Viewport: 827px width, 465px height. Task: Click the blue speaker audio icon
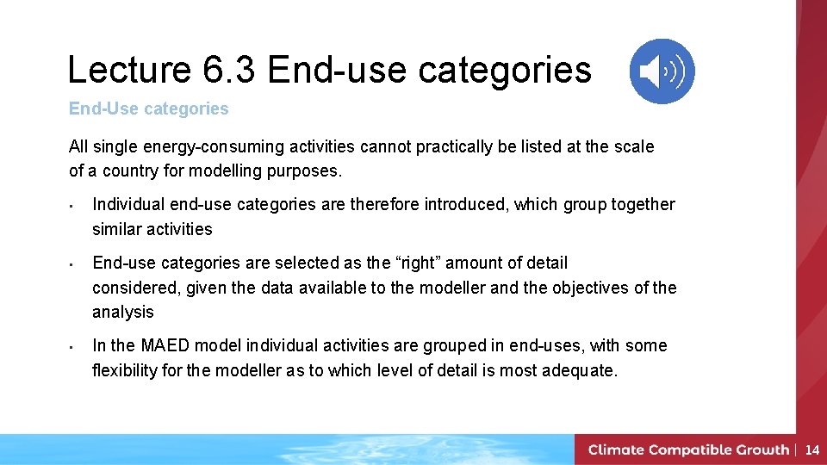tap(662, 71)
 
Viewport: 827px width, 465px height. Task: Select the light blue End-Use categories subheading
tap(149, 108)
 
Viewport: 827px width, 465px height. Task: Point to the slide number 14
tap(811, 449)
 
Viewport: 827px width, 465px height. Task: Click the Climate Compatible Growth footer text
tap(688, 449)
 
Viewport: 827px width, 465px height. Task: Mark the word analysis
tap(123, 312)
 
